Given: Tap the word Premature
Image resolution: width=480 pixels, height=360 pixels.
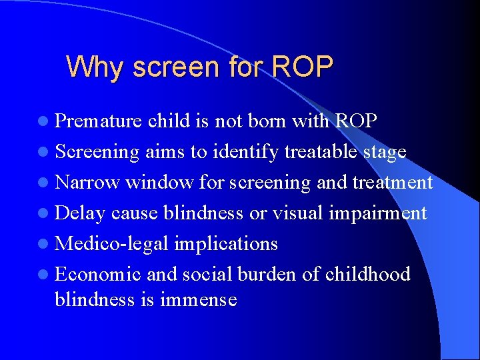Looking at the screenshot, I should (99, 121).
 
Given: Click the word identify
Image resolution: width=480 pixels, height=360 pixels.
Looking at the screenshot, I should (245, 152).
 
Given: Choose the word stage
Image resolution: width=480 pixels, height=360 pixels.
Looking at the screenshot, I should (385, 153).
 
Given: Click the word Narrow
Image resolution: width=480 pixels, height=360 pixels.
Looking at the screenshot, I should (87, 182).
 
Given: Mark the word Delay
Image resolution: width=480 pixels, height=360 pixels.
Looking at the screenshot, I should (81, 213).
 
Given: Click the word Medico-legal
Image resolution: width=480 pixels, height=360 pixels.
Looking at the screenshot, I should (111, 244).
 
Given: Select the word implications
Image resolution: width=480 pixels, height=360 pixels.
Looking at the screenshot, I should (226, 244).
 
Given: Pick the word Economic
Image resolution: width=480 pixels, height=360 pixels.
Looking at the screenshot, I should (97, 274).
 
